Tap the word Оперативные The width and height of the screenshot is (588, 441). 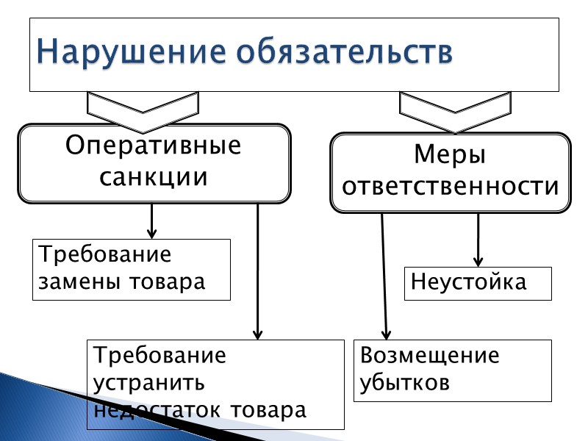coord(154,145)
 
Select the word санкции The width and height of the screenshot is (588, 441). coord(154,177)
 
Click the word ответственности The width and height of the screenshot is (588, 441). coord(451,187)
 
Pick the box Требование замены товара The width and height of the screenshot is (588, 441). coord(131,269)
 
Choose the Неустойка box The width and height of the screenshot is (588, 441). coord(478,283)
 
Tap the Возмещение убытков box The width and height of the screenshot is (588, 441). coord(453,370)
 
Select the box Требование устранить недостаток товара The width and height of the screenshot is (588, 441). coord(215,383)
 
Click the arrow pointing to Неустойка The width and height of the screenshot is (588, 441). coord(478,239)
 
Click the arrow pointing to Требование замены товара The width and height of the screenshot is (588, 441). coord(152,220)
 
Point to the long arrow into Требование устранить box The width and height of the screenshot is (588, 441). coord(258,272)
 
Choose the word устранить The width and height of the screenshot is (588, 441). coord(149,383)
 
